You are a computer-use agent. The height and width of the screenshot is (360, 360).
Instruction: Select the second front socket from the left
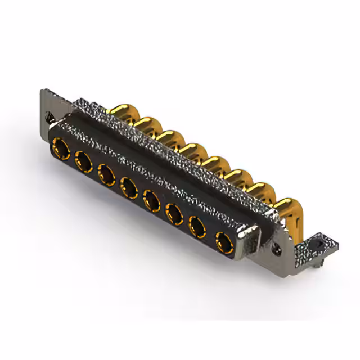point(83,161)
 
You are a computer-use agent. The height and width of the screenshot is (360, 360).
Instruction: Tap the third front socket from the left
point(106,174)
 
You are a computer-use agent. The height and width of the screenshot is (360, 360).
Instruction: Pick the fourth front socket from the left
point(129,187)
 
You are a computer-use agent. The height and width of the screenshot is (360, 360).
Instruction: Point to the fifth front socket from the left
point(151,200)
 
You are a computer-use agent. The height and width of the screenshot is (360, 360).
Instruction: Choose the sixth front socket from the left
point(174,213)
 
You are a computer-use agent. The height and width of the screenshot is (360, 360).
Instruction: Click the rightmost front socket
point(224,243)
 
